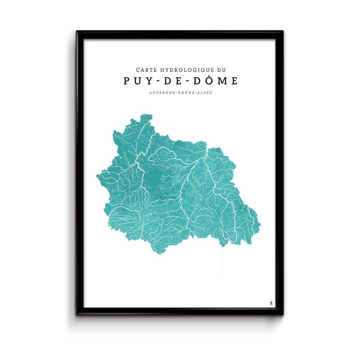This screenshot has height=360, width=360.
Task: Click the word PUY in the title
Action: (136, 81)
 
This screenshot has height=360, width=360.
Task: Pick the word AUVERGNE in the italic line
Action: (162, 93)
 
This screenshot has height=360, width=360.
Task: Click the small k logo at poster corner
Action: (271, 302)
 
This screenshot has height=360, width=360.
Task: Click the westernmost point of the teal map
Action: (96, 175)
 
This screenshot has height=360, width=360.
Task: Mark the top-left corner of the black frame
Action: (77, 31)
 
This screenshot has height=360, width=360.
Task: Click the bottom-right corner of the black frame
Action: (283, 314)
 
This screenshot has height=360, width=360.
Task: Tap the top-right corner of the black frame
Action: (283, 31)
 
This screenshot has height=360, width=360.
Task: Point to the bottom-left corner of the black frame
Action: (77, 314)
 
